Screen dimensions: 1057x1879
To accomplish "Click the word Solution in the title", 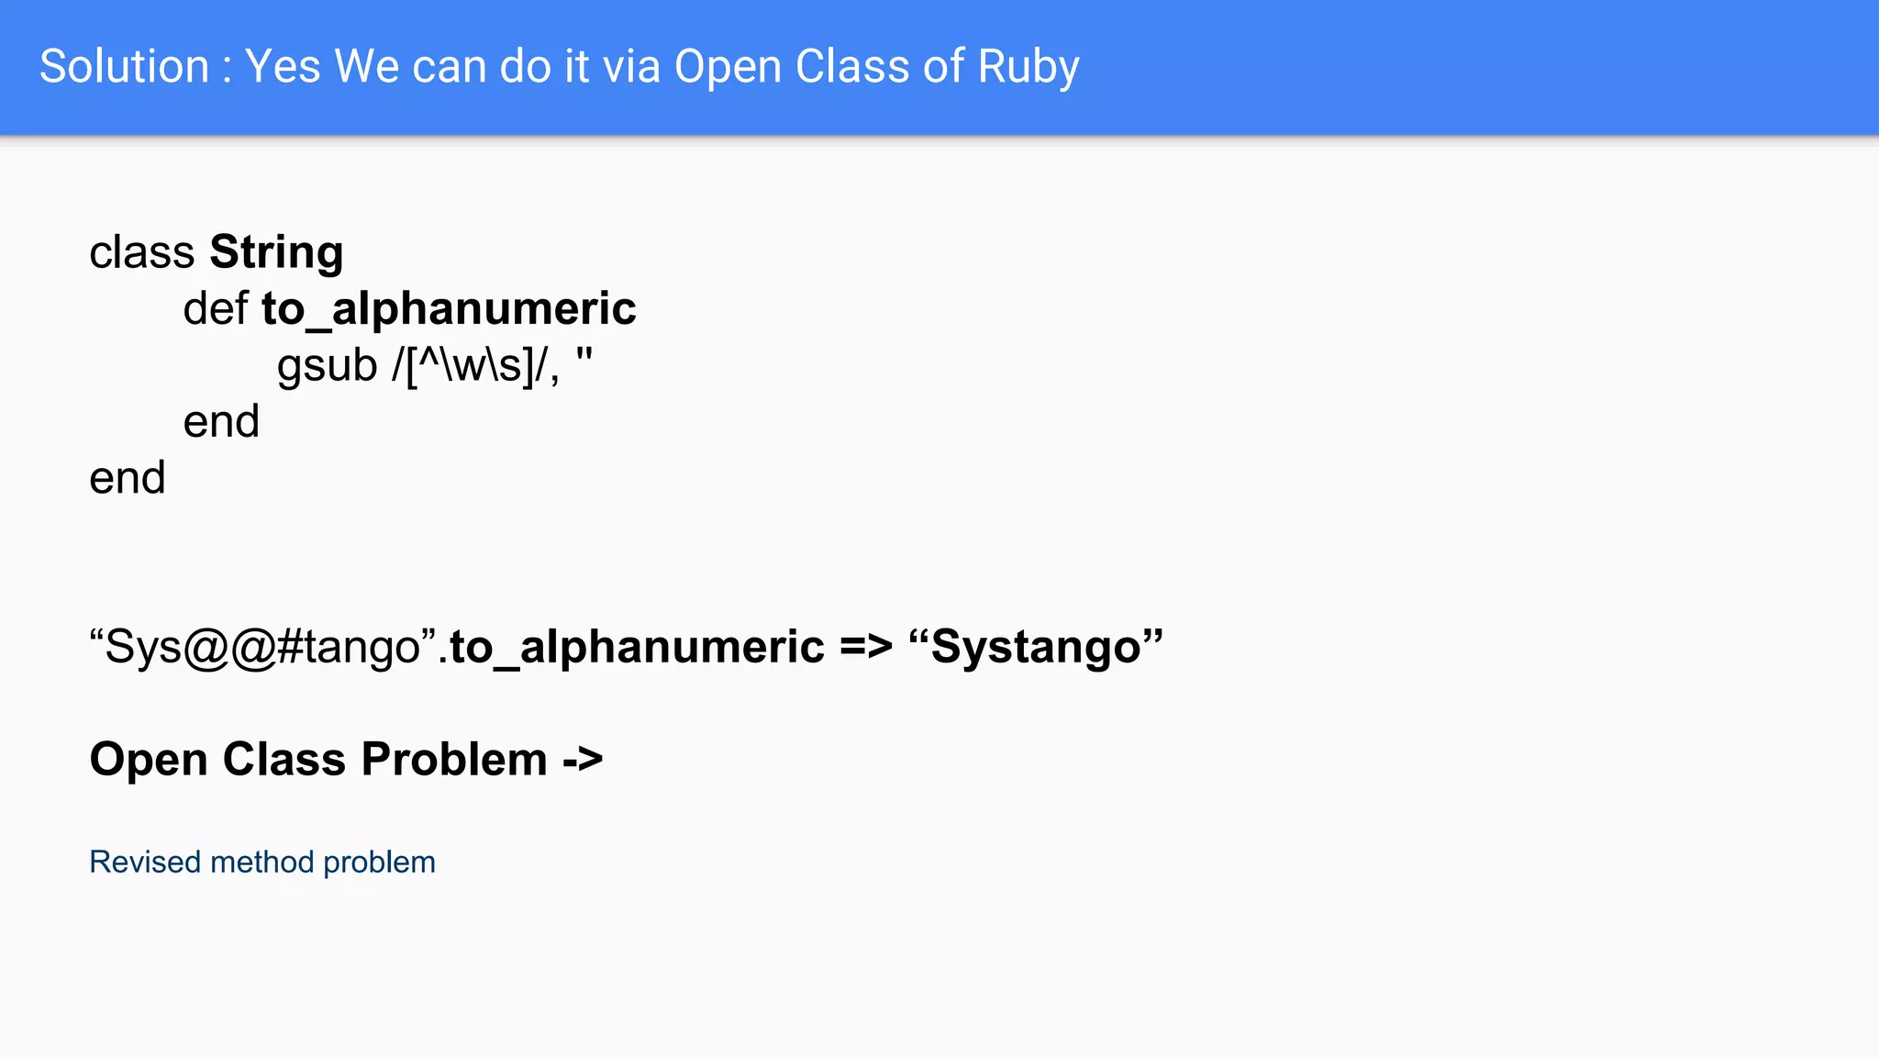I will point(125,67).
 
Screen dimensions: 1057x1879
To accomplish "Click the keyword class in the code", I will point(141,252).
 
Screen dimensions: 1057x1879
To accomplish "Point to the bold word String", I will point(276,252).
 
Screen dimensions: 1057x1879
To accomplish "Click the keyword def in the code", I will point(216,308).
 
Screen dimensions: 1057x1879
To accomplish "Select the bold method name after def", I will point(449,308).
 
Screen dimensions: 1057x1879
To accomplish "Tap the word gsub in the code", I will point(327,365).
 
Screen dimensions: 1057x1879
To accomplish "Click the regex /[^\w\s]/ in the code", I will point(475,365).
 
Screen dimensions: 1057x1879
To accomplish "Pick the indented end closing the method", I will point(221,422).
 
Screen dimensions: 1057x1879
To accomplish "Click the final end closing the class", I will point(128,478).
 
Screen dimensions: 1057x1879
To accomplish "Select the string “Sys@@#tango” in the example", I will point(262,647).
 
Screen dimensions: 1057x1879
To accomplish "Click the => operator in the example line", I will point(865,647).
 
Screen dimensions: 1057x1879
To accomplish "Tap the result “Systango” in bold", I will point(1036,647).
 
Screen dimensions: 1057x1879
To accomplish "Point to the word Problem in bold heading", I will point(454,760).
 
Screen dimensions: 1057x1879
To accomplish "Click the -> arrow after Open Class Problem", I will point(583,760).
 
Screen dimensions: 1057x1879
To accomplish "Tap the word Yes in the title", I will point(283,67).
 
